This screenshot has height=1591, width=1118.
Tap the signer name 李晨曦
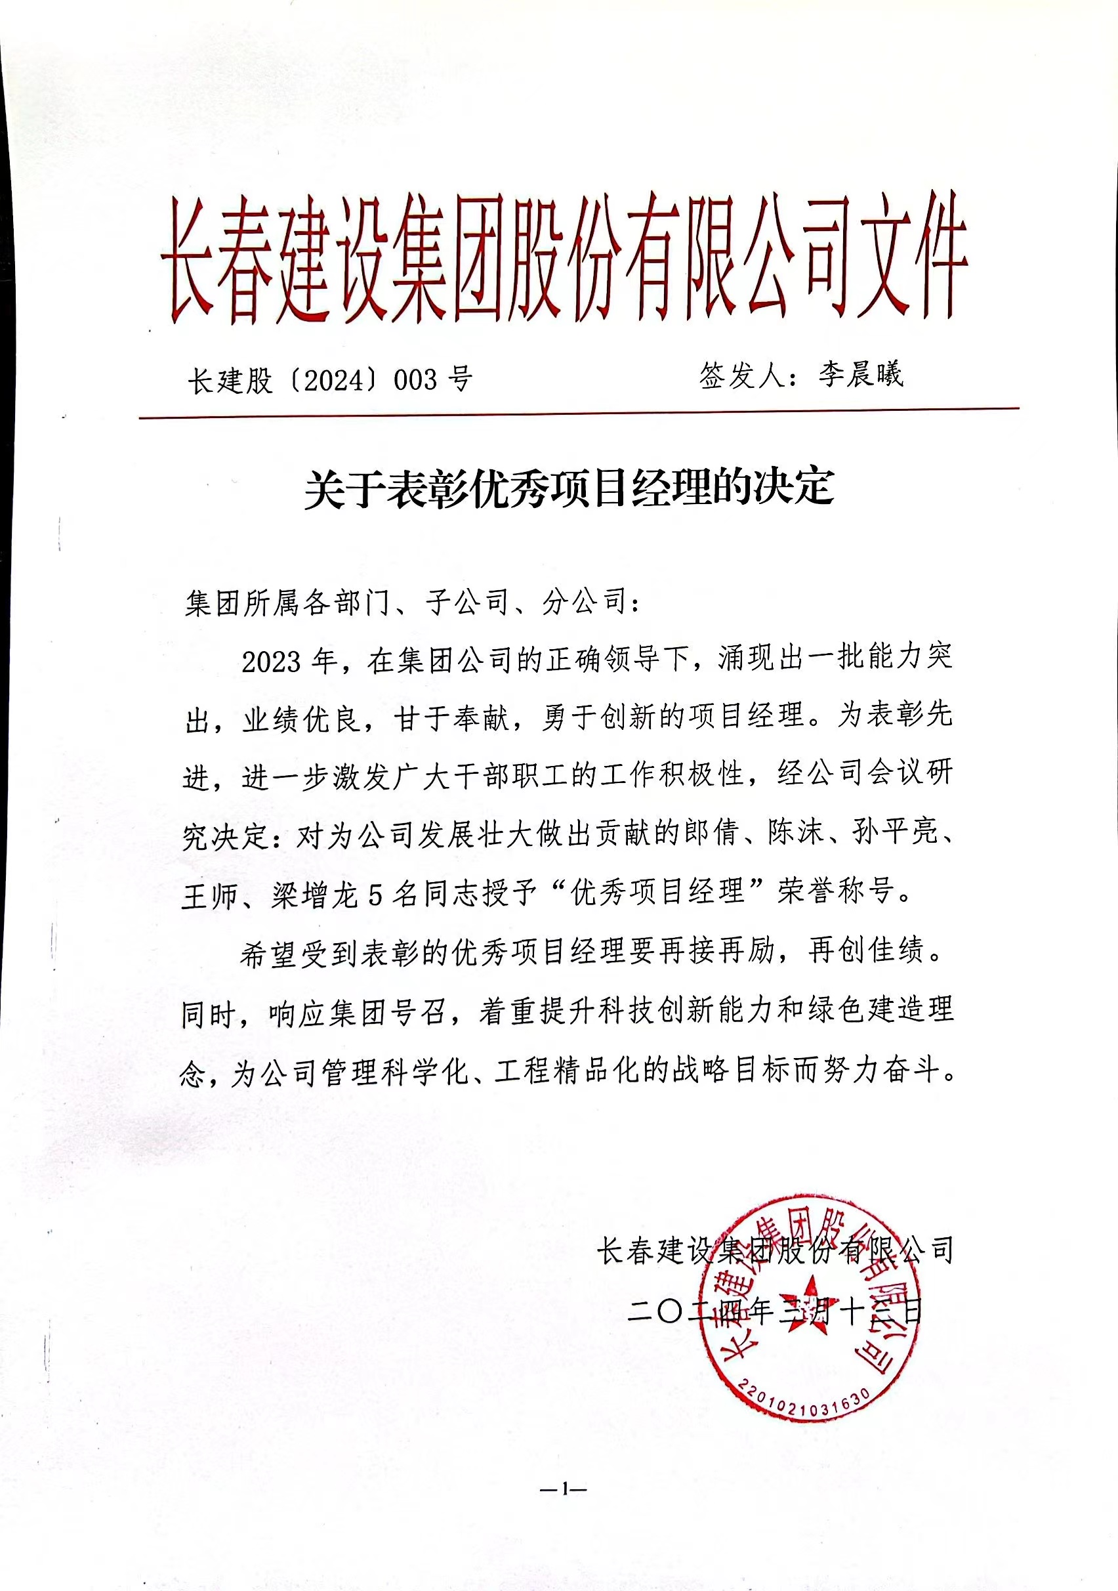(x=861, y=375)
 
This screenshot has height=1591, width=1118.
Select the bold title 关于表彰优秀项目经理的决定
(x=569, y=488)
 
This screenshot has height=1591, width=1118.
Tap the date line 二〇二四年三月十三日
(x=774, y=1310)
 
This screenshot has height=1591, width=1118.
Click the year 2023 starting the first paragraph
(x=272, y=662)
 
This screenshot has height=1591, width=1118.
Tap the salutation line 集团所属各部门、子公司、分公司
(x=413, y=603)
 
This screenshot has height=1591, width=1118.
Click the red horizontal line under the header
(x=579, y=413)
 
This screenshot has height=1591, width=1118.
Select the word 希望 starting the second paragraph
(x=270, y=955)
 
